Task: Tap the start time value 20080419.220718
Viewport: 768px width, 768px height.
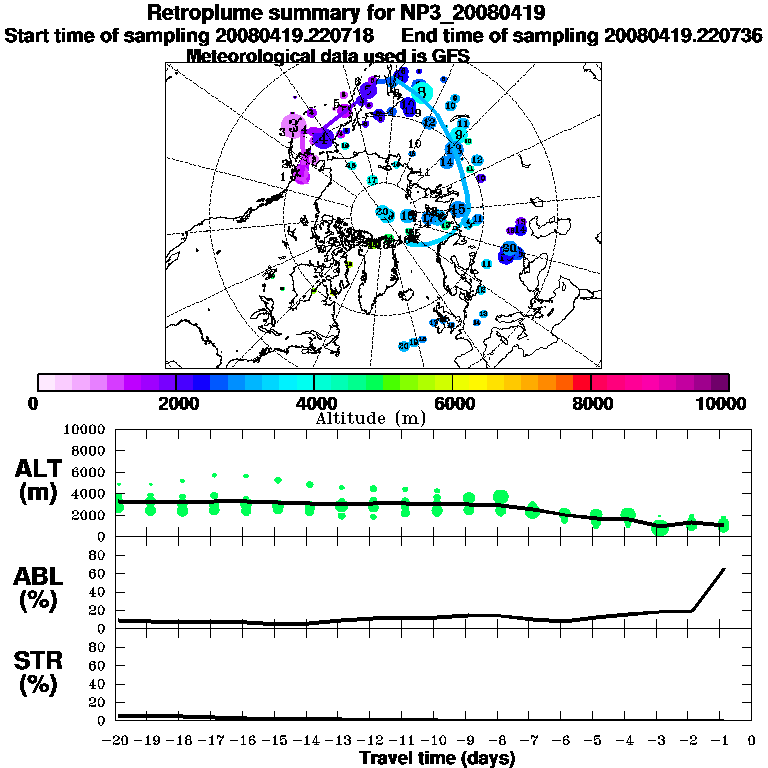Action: click(x=296, y=35)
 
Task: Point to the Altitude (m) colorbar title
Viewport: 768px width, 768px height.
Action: click(x=370, y=418)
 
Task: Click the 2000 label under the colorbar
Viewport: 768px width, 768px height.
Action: click(x=175, y=403)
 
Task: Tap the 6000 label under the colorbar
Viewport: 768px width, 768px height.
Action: click(x=452, y=403)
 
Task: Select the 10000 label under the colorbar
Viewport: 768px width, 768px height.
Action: click(x=723, y=403)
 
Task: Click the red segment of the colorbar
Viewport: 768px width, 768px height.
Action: click(x=581, y=382)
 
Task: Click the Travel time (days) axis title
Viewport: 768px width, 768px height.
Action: click(x=437, y=758)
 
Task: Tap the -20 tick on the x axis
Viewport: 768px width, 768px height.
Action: click(x=118, y=741)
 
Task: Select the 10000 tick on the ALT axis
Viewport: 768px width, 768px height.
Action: click(x=87, y=430)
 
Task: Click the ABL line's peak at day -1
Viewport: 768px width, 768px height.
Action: click(x=723, y=569)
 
